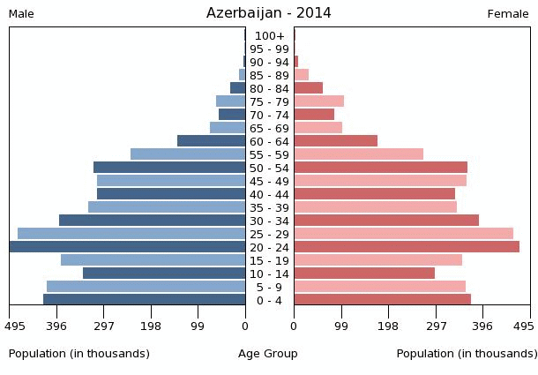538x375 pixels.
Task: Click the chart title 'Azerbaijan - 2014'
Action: [x=269, y=12]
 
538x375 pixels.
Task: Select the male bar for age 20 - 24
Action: [x=128, y=247]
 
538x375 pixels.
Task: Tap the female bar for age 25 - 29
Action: [x=403, y=234]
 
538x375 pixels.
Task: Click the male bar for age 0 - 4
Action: [x=145, y=300]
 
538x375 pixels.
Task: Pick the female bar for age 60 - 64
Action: [x=335, y=141]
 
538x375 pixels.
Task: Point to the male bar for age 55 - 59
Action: [x=188, y=154]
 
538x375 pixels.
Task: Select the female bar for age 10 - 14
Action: [x=364, y=274]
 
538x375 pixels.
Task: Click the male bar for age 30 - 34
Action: [x=153, y=221]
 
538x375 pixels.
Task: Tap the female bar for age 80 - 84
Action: [x=308, y=88]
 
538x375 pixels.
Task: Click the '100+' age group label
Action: [x=269, y=36]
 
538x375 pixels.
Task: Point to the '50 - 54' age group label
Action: [x=269, y=169]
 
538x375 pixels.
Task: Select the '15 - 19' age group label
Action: [x=269, y=261]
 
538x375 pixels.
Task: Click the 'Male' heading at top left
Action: [x=21, y=14]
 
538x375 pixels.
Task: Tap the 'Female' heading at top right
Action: [x=508, y=14]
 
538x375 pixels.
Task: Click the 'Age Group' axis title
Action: [x=268, y=354]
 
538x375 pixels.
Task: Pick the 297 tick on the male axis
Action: [x=104, y=326]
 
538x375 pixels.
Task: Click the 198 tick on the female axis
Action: [x=388, y=326]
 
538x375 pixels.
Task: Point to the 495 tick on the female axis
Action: [x=524, y=326]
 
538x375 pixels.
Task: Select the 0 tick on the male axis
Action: [x=245, y=326]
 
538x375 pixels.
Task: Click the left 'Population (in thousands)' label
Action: [x=78, y=354]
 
